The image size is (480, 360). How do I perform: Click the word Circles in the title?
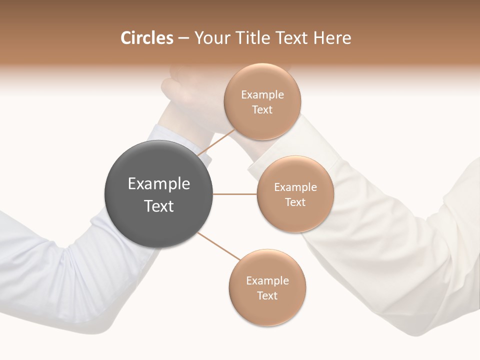tap(146, 38)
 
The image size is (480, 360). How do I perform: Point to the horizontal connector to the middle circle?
tap(235, 194)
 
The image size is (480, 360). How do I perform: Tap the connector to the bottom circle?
tap(218, 246)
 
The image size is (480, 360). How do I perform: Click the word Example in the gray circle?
tap(159, 184)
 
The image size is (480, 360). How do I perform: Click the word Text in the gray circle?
tap(159, 206)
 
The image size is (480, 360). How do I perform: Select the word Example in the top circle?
tap(262, 95)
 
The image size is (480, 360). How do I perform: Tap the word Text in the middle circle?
tap(295, 202)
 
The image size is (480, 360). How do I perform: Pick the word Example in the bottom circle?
tap(267, 281)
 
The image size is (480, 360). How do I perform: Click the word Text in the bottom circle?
tap(267, 296)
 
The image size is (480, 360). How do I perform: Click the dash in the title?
tap(183, 38)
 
